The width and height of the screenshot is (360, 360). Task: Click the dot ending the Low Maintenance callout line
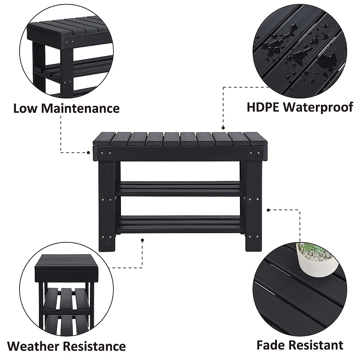[x=88, y=152]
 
